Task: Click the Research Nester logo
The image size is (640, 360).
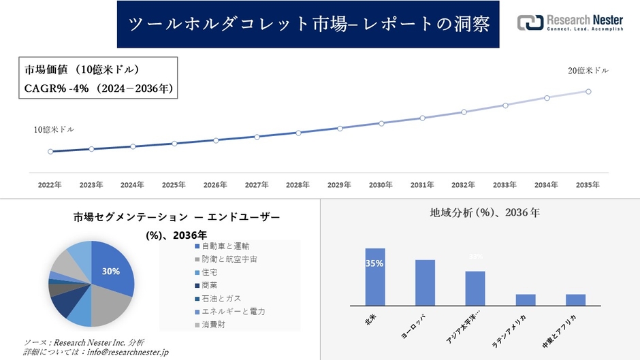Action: point(569,23)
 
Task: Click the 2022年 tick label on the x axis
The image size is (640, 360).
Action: point(50,185)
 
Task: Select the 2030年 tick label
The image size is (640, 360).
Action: point(381,185)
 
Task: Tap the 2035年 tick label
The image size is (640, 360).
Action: point(588,185)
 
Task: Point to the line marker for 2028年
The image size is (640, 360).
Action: point(298,133)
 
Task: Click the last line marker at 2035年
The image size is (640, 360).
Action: point(588,91)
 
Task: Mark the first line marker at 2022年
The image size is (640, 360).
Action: point(50,152)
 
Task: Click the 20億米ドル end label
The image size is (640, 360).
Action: point(588,71)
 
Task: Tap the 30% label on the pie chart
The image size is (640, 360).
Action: point(111,271)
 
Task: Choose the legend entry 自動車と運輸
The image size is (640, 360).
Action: point(225,246)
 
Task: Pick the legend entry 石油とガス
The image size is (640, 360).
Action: point(221,298)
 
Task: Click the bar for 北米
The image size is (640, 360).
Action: point(375,277)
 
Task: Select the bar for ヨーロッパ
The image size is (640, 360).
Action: point(426,282)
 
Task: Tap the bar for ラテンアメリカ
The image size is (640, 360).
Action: point(526,299)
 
